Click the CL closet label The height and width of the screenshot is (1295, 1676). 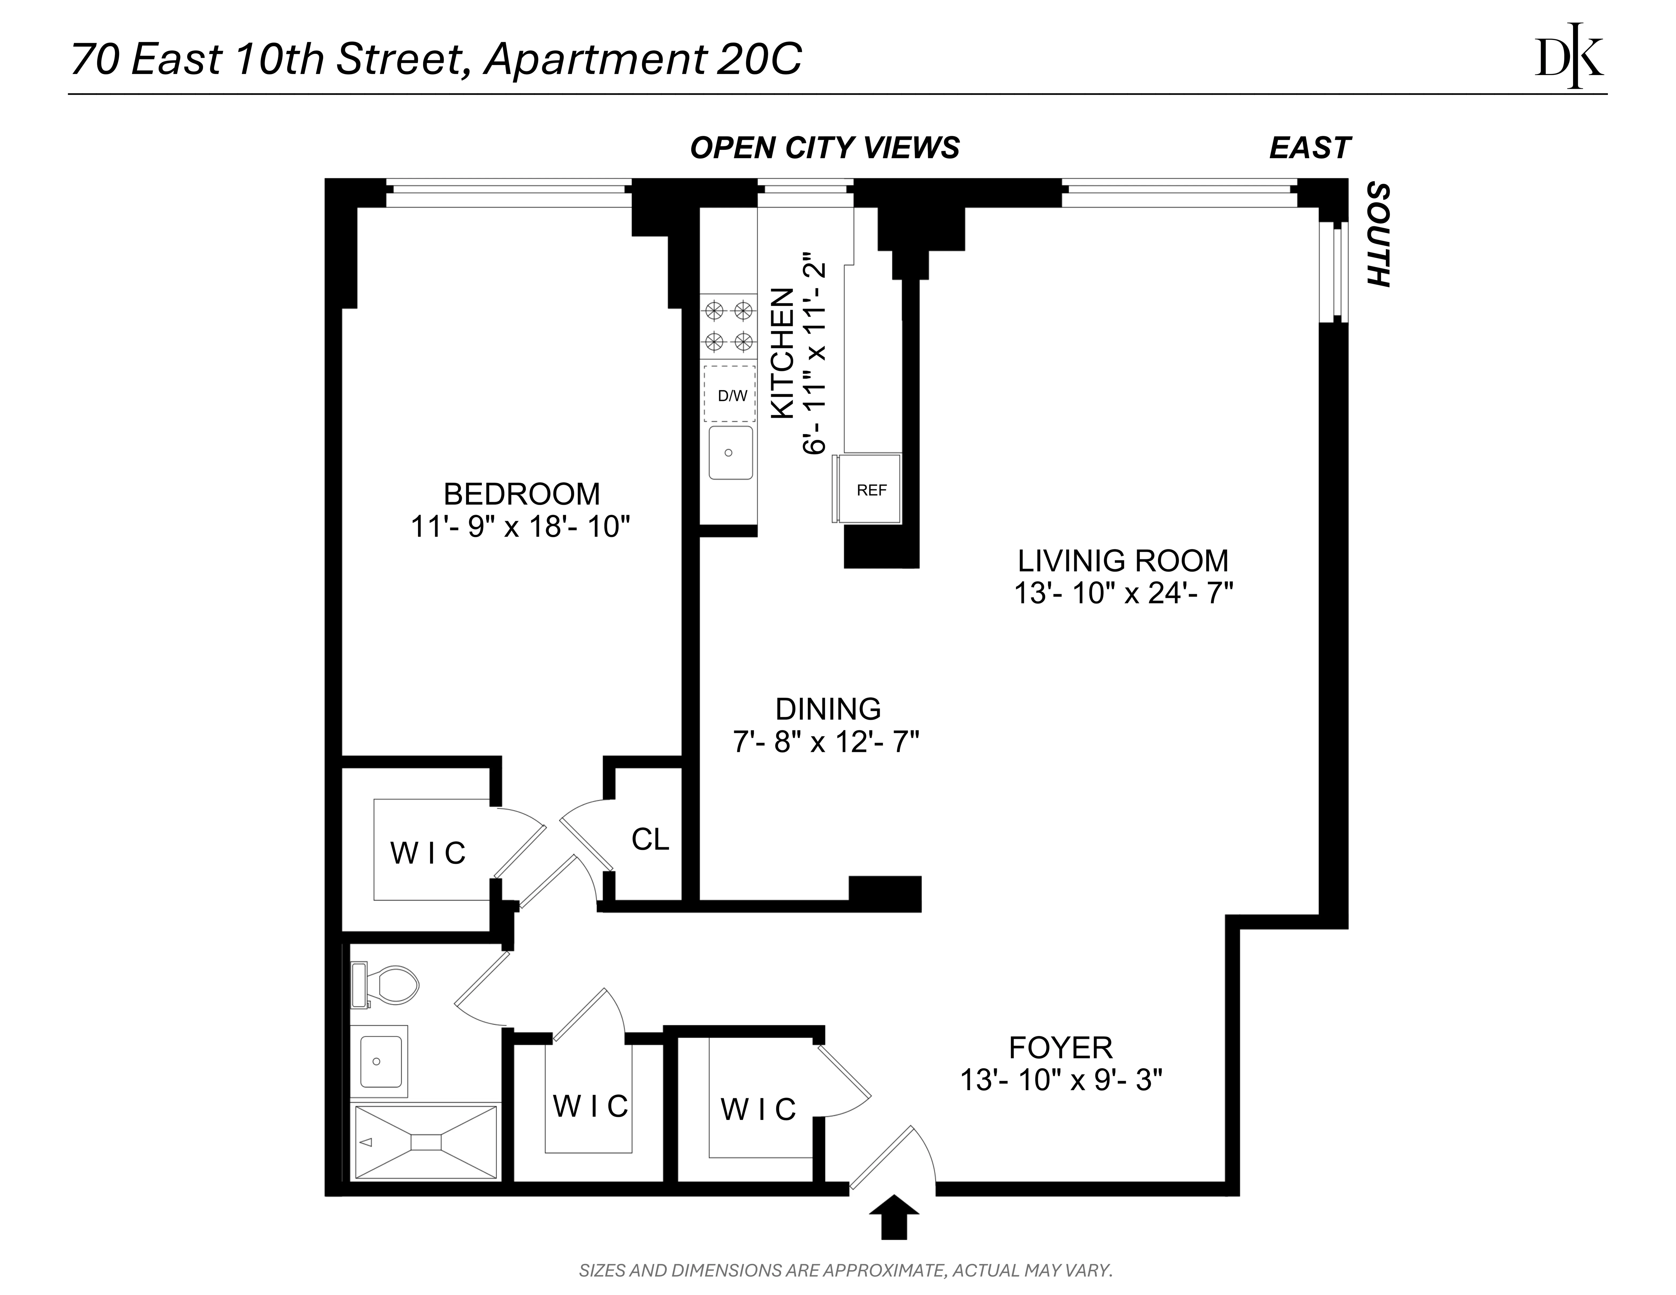pyautogui.click(x=650, y=840)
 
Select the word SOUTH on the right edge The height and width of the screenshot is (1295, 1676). pyautogui.click(x=1379, y=235)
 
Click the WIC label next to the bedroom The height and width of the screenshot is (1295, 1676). pyautogui.click(x=428, y=853)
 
